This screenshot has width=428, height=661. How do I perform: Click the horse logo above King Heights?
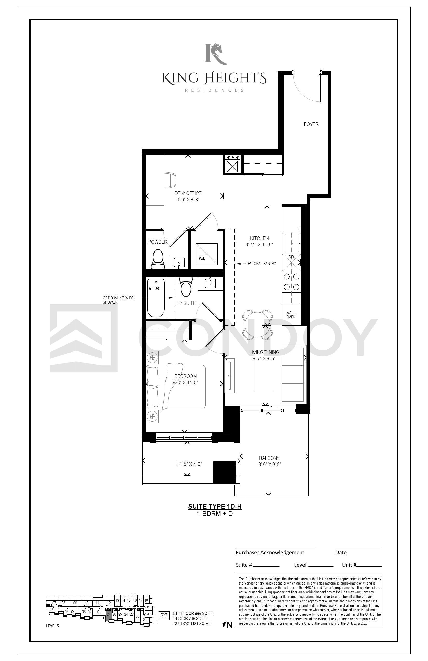pyautogui.click(x=216, y=54)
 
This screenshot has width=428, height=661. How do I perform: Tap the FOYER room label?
pyautogui.click(x=311, y=124)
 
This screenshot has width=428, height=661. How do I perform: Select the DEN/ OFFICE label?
pyautogui.click(x=188, y=193)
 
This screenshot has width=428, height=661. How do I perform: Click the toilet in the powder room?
pyautogui.click(x=158, y=259)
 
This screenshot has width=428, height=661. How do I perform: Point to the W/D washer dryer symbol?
pyautogui.click(x=206, y=254)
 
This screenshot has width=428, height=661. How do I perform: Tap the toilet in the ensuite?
pyautogui.click(x=186, y=286)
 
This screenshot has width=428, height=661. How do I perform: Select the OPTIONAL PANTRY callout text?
pyautogui.click(x=261, y=263)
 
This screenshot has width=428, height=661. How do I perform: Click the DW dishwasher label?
pyautogui.click(x=291, y=257)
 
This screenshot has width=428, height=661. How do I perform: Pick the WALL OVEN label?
pyautogui.click(x=291, y=315)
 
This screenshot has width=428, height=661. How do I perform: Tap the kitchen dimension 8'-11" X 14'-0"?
pyautogui.click(x=259, y=245)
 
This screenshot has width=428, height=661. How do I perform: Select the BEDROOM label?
pyautogui.click(x=185, y=376)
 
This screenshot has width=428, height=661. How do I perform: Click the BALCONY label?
pyautogui.click(x=269, y=458)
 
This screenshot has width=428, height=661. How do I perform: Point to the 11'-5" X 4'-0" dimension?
pyautogui.click(x=189, y=464)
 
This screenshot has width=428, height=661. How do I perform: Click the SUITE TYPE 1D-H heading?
pyautogui.click(x=215, y=506)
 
